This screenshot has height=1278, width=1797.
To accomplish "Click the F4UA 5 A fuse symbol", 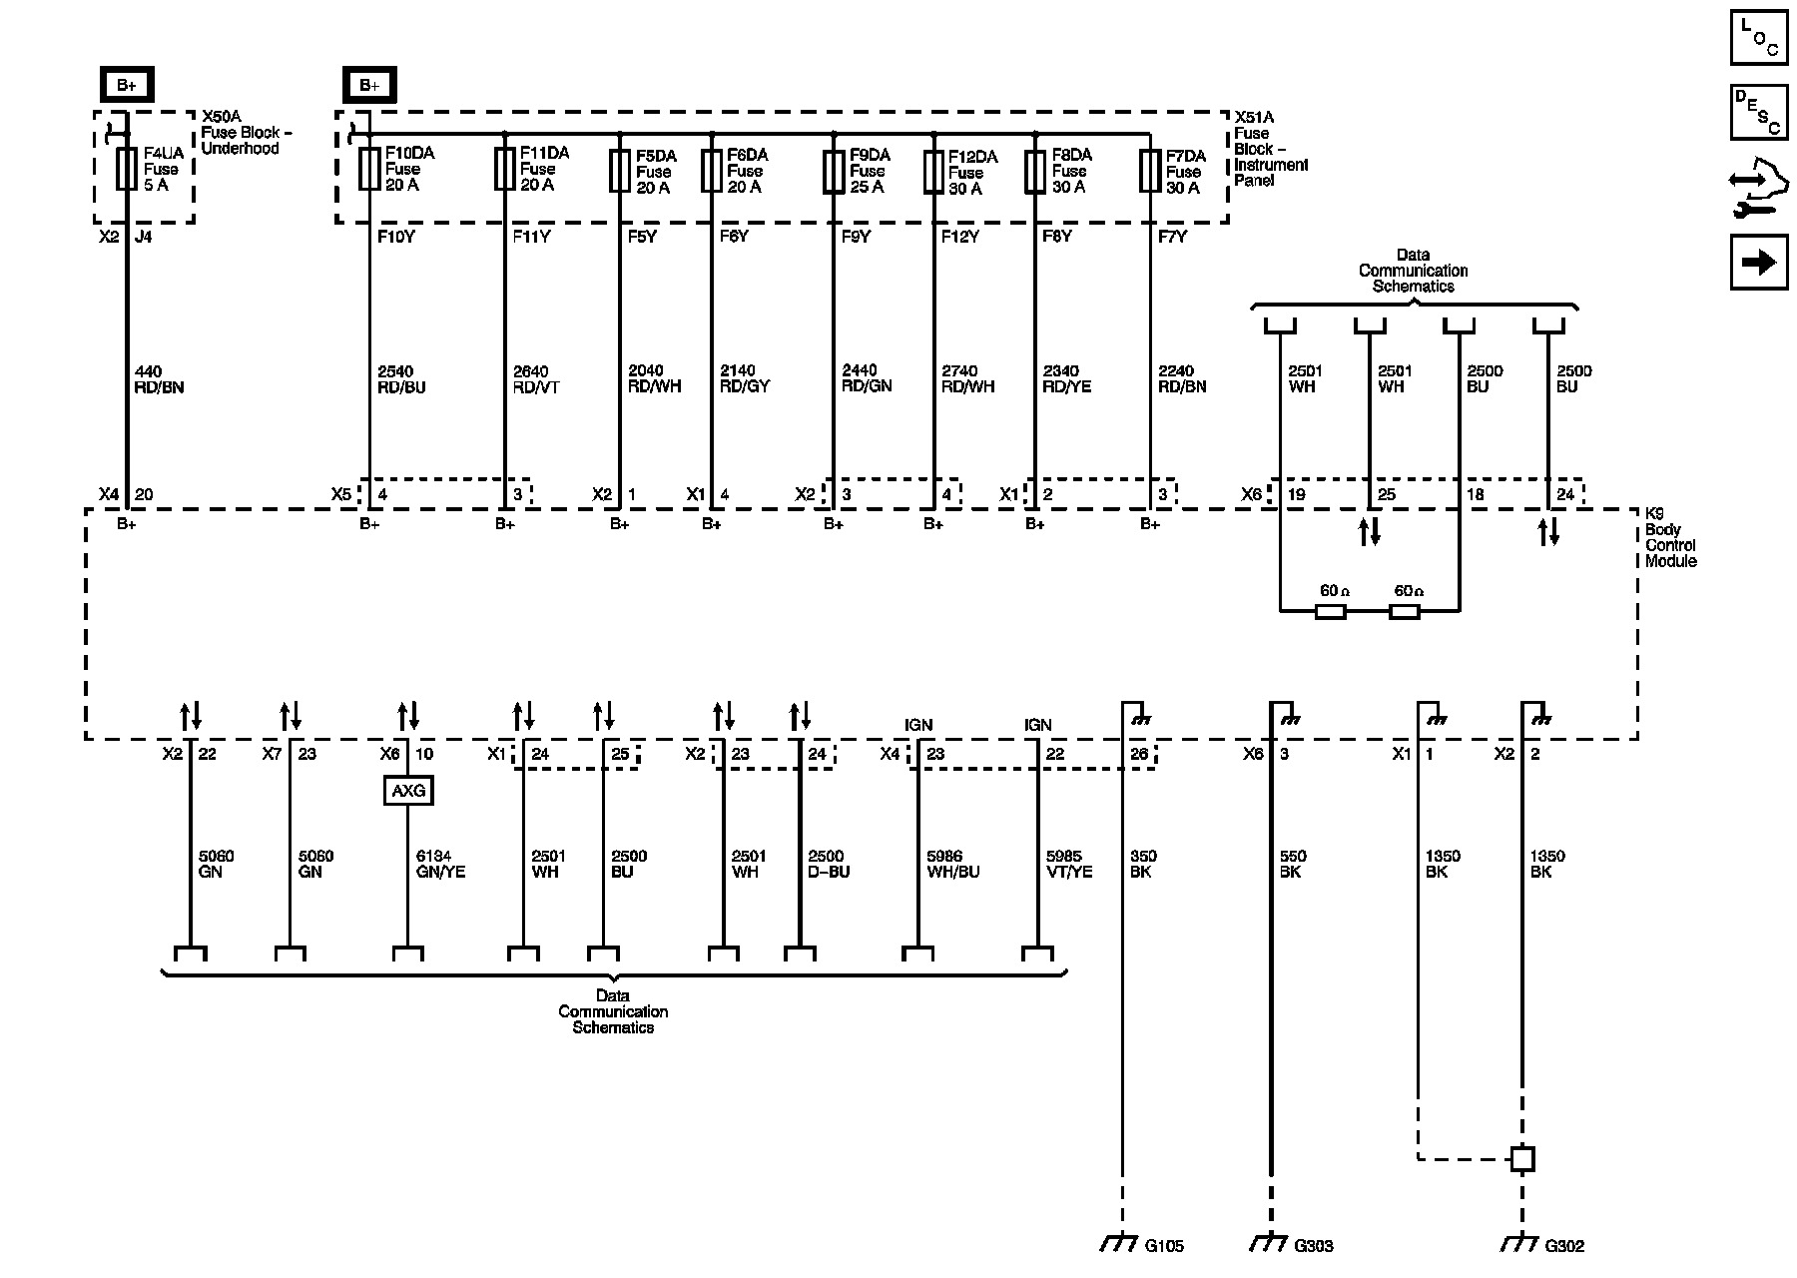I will pos(127,169).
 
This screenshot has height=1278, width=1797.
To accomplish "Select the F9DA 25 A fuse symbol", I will pos(834,171).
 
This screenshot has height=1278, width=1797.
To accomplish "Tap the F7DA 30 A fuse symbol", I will pos(1150,171).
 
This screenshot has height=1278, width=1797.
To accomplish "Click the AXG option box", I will pos(408,791).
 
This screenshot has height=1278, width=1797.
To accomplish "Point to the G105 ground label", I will pos(1164,1246).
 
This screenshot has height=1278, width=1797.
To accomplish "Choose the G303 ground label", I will pos(1313,1246).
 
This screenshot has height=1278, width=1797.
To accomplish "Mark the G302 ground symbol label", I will pos(1563,1246).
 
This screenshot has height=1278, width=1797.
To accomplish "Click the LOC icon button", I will pos(1759,37).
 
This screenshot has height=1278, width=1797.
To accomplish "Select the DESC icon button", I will pos(1759,112).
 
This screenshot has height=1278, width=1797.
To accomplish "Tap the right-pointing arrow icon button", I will pos(1759,262).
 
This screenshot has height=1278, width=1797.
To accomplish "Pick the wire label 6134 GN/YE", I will pos(440,864).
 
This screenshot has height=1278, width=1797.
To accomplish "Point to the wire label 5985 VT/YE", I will pos(1069,864).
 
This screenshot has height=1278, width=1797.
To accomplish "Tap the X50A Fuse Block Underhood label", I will pos(241,132).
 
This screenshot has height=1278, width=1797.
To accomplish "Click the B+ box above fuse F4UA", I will pos(127,85).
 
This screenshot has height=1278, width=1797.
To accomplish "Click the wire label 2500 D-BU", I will pos(828,864).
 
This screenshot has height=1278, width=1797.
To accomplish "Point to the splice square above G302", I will pos(1522,1159).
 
